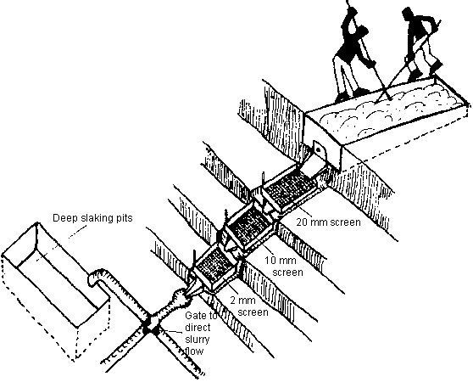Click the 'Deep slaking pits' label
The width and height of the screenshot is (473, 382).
(x=92, y=217)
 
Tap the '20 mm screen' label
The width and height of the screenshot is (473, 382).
(x=328, y=222)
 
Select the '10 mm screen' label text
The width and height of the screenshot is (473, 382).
(x=284, y=266)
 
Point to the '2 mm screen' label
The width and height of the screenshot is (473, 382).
(x=249, y=306)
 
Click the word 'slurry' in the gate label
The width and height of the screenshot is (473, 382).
(x=197, y=339)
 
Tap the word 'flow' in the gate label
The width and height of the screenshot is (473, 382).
(x=194, y=351)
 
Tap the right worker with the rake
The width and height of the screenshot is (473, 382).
(x=420, y=45)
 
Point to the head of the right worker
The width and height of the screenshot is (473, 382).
(x=409, y=15)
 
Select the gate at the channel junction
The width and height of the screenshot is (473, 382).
(x=151, y=328)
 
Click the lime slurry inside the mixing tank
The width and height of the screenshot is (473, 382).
(x=389, y=110)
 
